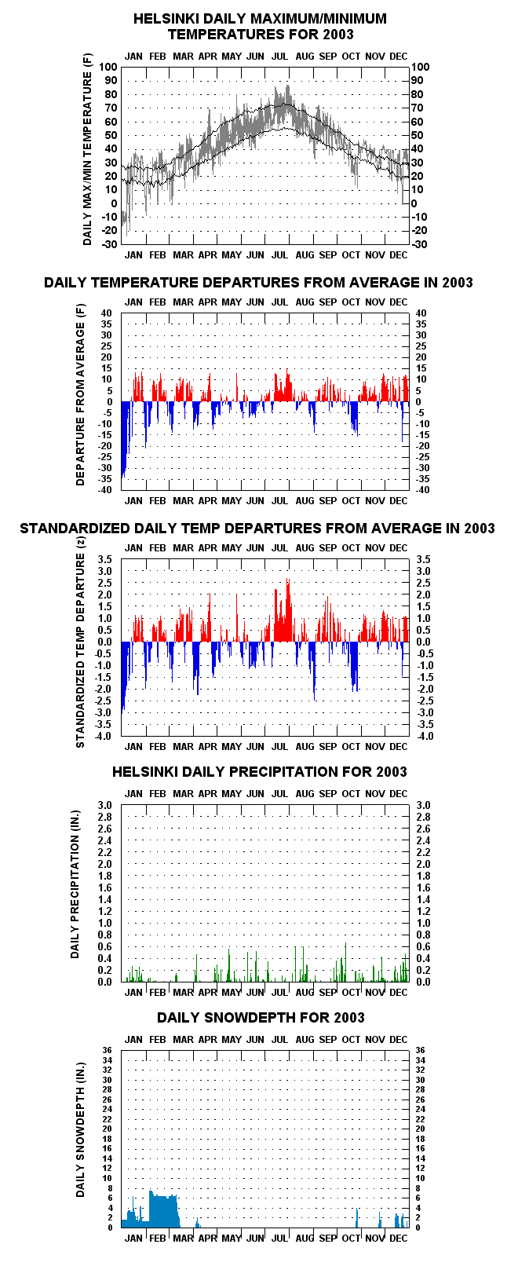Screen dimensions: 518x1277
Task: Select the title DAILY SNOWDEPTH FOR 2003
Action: point(261,1018)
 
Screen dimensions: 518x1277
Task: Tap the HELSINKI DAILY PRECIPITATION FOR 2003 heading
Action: point(259,772)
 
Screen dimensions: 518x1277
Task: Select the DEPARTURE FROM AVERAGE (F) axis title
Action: point(80,394)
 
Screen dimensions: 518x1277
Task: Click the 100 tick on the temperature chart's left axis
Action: point(108,67)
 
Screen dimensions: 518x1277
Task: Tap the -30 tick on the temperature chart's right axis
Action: point(419,244)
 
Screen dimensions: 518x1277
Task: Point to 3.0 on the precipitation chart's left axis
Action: point(105,806)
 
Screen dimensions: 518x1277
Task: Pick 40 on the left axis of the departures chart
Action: point(107,313)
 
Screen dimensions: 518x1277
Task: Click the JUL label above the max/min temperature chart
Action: point(280,57)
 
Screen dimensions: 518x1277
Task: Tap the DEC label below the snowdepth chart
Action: point(399,1239)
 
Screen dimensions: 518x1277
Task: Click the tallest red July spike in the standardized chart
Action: point(288,610)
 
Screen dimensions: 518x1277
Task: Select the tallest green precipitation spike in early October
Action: point(345,961)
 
